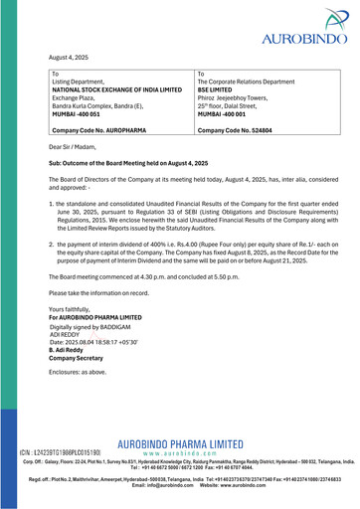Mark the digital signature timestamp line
pos(99,342)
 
